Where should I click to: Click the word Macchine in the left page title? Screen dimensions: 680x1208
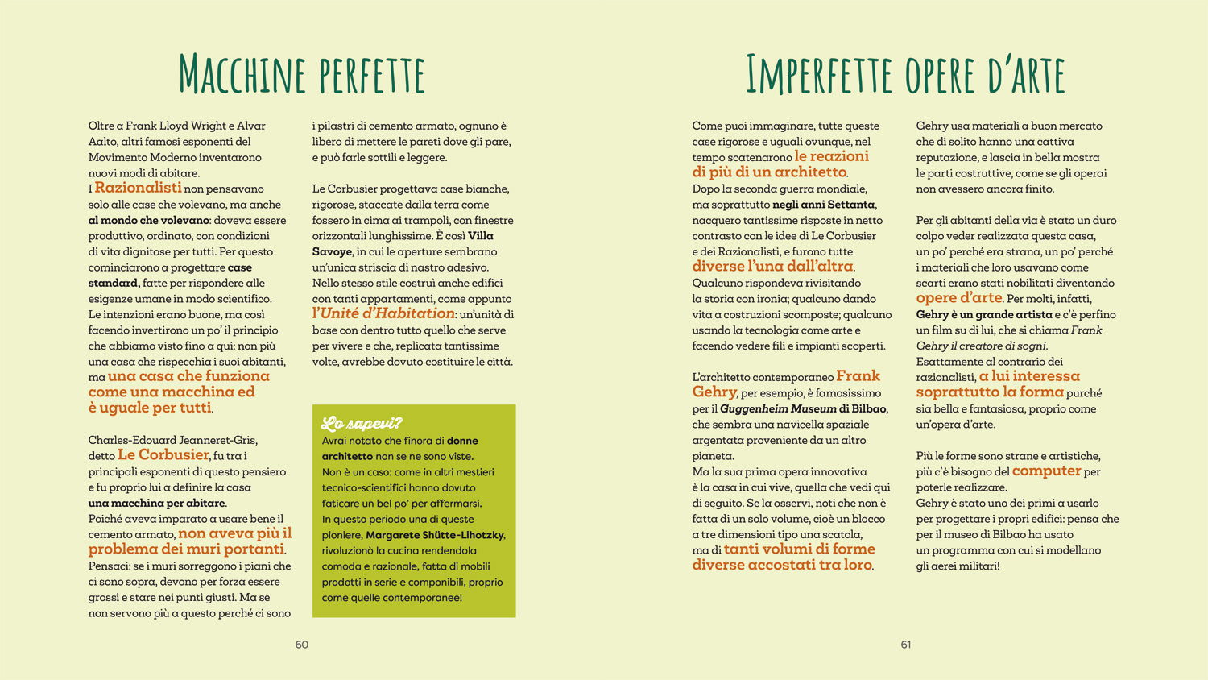(242, 75)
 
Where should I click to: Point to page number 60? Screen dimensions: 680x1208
(302, 645)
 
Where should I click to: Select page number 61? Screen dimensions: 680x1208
(906, 645)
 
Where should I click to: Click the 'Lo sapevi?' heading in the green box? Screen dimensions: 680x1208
(362, 424)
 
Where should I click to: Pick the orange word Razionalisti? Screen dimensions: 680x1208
(138, 188)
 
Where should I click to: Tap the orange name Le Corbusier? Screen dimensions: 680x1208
(163, 455)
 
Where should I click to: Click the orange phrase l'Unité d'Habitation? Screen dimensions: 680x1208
(383, 313)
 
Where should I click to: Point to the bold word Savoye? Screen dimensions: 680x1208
(332, 251)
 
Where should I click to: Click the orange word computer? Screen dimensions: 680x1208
(1046, 471)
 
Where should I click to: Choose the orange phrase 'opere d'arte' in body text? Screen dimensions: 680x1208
(959, 298)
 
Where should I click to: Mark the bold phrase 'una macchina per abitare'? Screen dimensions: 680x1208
(156, 503)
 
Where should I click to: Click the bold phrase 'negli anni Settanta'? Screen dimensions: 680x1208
(823, 205)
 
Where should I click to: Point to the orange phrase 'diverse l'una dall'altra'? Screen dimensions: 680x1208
(772, 267)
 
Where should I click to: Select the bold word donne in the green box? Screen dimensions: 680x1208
(462, 441)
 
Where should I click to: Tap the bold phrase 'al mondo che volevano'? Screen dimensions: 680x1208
(149, 220)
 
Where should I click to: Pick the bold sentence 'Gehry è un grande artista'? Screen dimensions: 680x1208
(984, 314)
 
